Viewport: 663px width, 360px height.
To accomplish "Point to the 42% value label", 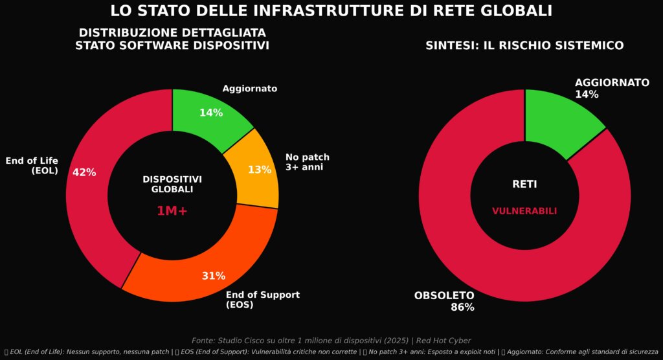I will pyautogui.click(x=84, y=172).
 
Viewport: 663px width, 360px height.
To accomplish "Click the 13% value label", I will pyautogui.click(x=260, y=170).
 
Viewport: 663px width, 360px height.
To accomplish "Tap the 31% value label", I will pyautogui.click(x=214, y=276).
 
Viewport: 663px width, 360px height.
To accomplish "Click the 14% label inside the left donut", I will pyautogui.click(x=211, y=113).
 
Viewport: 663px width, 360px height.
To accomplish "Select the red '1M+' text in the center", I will pyautogui.click(x=172, y=211).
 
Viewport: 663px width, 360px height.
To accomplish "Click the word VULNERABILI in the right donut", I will pyautogui.click(x=524, y=211).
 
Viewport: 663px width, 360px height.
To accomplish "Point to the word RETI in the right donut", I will pyautogui.click(x=524, y=185).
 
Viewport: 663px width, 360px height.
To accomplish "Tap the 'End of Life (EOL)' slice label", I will pyautogui.click(x=32, y=166).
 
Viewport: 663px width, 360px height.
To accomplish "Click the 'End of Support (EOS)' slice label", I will pyautogui.click(x=262, y=300).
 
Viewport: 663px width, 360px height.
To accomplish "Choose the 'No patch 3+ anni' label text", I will pyautogui.click(x=308, y=162).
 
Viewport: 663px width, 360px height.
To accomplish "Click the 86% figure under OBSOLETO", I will pyautogui.click(x=462, y=308).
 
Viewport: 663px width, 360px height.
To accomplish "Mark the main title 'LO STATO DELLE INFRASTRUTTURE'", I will pyautogui.click(x=331, y=11).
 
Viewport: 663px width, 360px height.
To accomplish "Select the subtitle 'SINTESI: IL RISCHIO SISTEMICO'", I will pyautogui.click(x=524, y=46).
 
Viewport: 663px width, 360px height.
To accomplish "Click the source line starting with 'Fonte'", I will pyautogui.click(x=331, y=341).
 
